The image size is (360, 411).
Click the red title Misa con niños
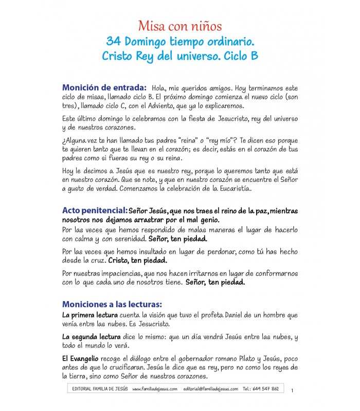[x=179, y=26]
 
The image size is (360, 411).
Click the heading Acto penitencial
[x=95, y=211]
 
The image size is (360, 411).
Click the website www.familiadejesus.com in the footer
[x=154, y=389]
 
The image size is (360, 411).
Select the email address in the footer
[x=210, y=389]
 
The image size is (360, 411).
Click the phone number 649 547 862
[x=267, y=389]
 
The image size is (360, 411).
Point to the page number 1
[x=292, y=391]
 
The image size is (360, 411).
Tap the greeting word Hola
[x=160, y=87]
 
